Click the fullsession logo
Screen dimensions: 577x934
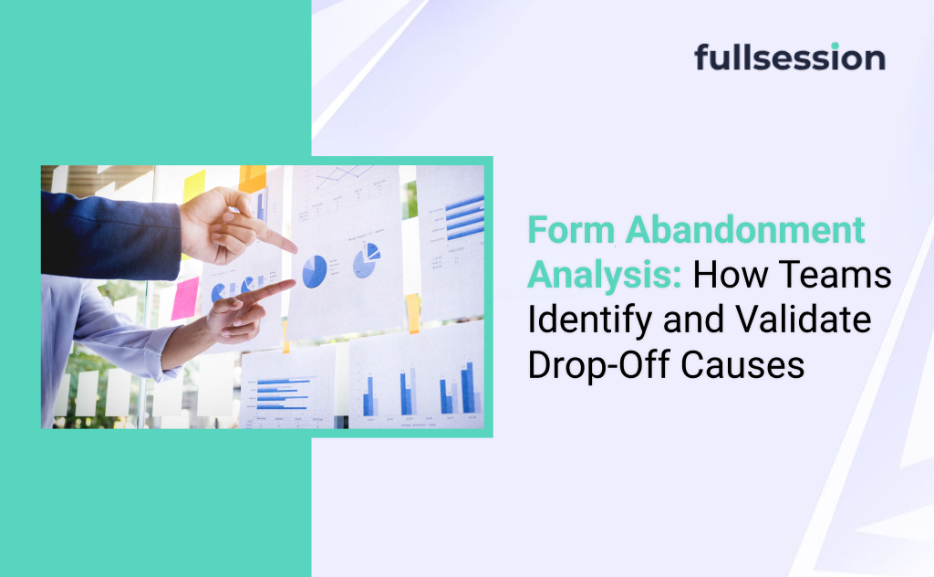click(789, 58)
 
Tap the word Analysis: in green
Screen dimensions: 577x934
click(605, 274)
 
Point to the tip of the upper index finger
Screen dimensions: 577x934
click(294, 247)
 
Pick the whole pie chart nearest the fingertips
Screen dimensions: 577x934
click(314, 271)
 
